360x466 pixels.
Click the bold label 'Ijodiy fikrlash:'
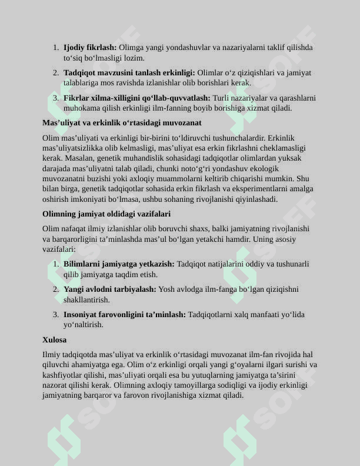[90, 48]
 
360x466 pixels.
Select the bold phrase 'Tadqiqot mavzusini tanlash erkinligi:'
[129, 73]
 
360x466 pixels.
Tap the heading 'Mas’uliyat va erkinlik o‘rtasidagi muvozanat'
[122, 123]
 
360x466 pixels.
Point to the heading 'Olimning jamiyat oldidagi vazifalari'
[106, 214]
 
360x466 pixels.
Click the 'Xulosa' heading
[54, 340]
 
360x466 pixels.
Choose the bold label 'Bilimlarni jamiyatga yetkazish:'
[119, 264]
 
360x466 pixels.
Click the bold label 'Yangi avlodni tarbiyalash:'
[109, 289]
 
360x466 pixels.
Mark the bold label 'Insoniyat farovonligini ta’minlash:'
[125, 315]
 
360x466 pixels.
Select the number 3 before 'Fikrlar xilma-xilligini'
[55, 98]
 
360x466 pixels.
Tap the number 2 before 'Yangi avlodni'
[55, 289]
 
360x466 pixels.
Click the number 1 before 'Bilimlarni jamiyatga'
[55, 264]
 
